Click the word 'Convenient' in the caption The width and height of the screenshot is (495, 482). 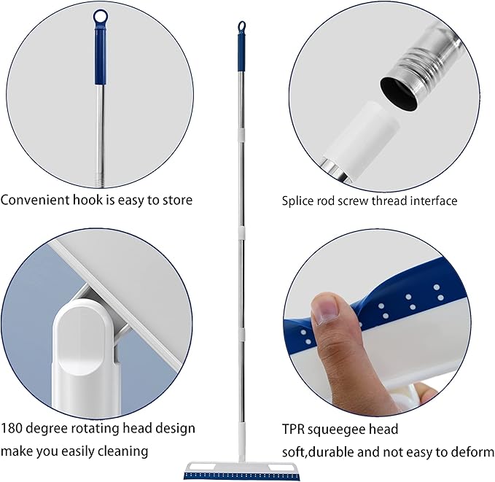35,200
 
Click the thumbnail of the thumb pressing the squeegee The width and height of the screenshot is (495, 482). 326,312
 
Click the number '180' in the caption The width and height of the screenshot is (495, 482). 12,428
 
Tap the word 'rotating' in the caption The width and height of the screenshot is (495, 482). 95,429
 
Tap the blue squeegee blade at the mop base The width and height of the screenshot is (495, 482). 242,476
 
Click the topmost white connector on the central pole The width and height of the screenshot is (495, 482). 241,133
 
